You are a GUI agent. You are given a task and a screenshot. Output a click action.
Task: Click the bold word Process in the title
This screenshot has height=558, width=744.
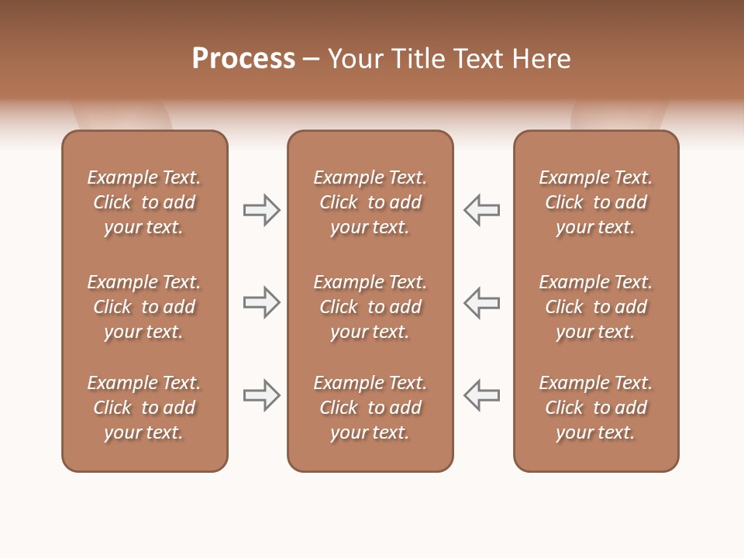click(243, 59)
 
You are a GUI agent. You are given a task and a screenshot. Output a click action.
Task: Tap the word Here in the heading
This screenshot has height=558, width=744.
click(541, 59)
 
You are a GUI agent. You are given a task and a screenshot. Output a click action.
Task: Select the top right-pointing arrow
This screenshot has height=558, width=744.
click(261, 210)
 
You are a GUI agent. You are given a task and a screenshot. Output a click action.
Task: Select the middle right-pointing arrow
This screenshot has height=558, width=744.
click(261, 302)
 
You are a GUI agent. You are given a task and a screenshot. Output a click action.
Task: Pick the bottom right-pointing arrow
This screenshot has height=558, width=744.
click(261, 395)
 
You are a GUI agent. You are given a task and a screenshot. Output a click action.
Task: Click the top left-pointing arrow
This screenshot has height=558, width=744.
click(481, 210)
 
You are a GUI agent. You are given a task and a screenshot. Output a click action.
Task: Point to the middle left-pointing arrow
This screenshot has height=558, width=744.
click(481, 302)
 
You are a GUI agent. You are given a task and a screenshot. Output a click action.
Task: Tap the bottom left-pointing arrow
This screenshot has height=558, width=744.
click(481, 395)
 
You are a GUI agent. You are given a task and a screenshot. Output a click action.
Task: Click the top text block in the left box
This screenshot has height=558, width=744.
click(144, 202)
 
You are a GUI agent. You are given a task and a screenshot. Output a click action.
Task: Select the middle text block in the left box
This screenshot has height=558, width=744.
click(144, 307)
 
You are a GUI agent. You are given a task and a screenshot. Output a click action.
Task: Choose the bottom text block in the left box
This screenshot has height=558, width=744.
click(144, 408)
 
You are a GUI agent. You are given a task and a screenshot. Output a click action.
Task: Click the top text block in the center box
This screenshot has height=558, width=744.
click(370, 202)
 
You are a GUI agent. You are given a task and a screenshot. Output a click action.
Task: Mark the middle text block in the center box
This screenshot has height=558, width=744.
click(370, 307)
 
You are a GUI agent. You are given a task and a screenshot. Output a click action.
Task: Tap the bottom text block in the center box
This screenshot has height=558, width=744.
click(370, 408)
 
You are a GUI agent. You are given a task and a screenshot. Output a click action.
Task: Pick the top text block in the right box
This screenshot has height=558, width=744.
click(595, 202)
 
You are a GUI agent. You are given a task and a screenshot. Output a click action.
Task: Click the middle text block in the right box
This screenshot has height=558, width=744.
click(595, 307)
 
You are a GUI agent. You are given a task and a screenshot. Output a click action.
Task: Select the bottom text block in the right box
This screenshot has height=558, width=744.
click(595, 408)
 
